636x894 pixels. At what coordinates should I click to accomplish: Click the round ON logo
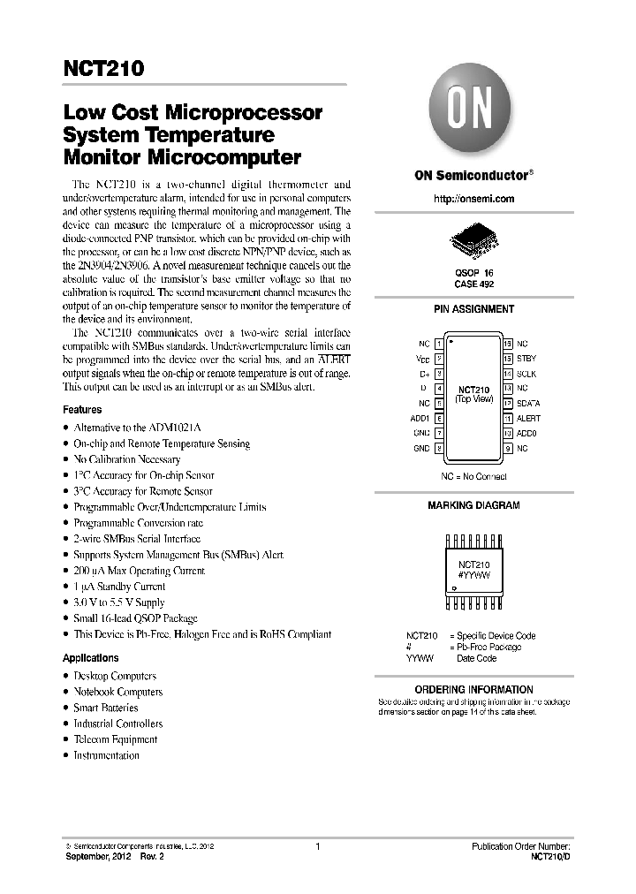click(x=473, y=115)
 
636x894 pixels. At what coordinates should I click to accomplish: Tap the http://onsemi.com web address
click(x=473, y=199)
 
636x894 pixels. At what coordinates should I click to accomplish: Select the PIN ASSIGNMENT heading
click(x=473, y=309)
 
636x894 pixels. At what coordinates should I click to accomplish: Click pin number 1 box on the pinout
click(x=440, y=343)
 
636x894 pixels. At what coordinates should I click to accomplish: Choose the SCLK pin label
click(x=526, y=374)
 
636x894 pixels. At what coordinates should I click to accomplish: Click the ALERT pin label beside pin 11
click(x=528, y=418)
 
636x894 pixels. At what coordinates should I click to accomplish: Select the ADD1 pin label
click(x=420, y=418)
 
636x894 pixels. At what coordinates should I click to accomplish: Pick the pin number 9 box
click(x=508, y=449)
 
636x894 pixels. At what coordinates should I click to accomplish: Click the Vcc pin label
click(x=423, y=359)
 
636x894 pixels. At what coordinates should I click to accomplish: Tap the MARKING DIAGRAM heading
click(x=473, y=505)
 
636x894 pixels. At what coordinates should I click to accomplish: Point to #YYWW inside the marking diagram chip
click(x=473, y=574)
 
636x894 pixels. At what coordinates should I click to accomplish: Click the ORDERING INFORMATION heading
click(x=473, y=689)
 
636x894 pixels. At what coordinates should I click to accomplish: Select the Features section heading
click(x=82, y=410)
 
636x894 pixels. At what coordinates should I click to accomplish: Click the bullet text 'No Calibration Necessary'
click(x=126, y=459)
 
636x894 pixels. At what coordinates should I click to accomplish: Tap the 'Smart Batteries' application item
click(x=105, y=708)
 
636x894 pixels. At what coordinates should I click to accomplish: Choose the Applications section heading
click(x=90, y=658)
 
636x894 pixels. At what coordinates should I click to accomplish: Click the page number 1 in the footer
click(x=316, y=846)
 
